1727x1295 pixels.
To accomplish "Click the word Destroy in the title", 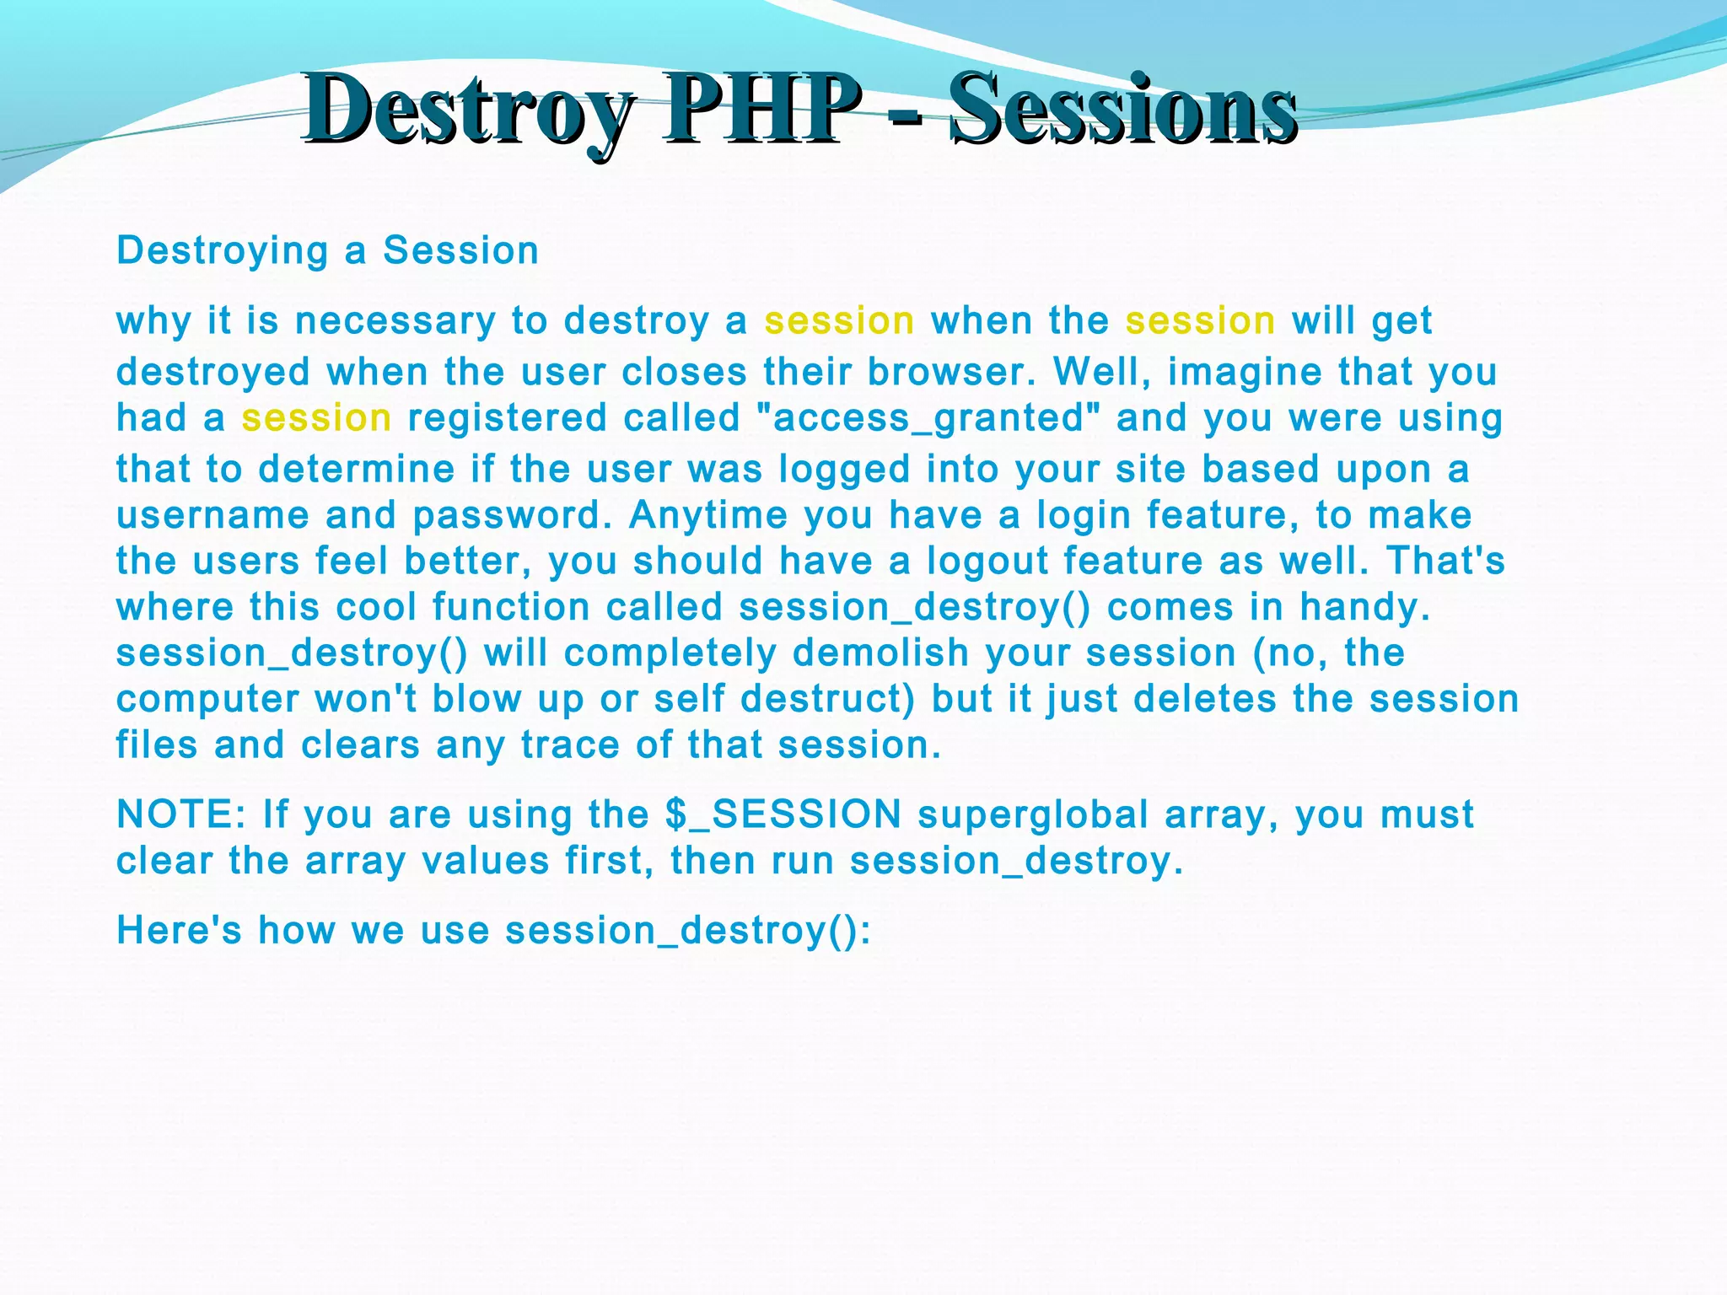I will (468, 110).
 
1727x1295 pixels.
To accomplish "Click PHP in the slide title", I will (761, 110).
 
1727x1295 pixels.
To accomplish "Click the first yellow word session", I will (839, 321).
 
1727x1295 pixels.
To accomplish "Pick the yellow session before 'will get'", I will (1200, 321).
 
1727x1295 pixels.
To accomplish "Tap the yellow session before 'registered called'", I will (316, 418).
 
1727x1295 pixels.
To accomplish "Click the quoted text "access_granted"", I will (928, 418).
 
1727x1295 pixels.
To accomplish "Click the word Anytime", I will (707, 515).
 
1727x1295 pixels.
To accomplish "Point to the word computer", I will (207, 700).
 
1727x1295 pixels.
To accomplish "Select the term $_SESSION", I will (783, 815).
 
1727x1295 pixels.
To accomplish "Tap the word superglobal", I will (1033, 815).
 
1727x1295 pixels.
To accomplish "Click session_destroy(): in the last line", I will (687, 931).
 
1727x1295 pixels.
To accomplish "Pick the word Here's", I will (179, 931).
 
